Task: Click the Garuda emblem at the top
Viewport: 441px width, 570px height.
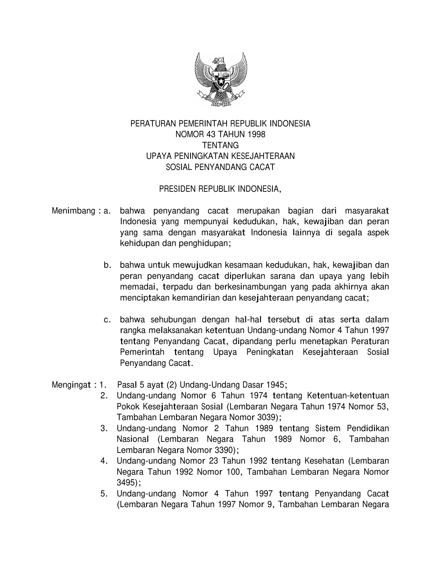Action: (x=220, y=80)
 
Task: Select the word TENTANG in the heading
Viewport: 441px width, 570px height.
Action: (x=220, y=145)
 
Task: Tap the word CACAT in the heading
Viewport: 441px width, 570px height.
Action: (x=264, y=167)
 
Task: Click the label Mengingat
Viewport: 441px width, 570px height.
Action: (x=71, y=385)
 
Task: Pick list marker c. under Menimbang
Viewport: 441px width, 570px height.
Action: (x=108, y=320)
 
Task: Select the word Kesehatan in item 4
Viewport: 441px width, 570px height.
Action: (x=324, y=461)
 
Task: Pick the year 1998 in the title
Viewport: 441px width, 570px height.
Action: (x=256, y=134)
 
